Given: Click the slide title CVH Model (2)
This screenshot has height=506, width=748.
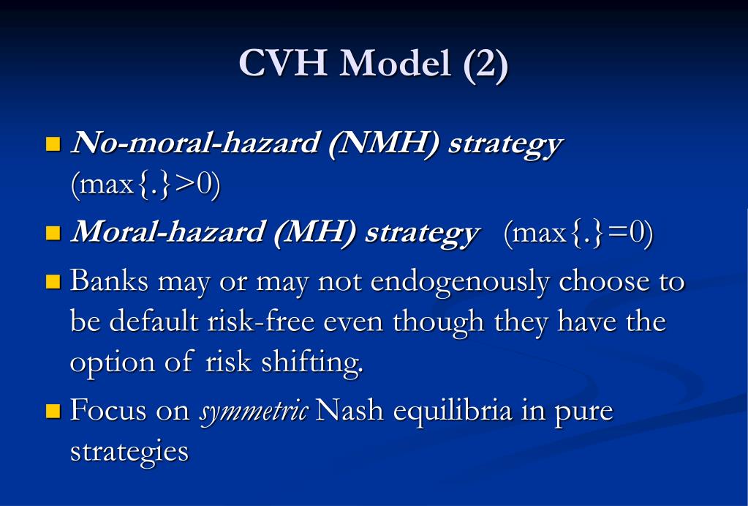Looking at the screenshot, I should coord(373,64).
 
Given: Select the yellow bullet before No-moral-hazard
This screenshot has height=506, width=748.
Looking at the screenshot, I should coord(53,143).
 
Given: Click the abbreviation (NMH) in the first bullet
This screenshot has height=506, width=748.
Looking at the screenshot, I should coord(384,144).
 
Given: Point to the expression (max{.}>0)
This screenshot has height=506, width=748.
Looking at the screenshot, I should coord(146,185).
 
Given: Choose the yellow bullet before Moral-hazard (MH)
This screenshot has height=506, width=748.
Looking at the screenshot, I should coord(53,234).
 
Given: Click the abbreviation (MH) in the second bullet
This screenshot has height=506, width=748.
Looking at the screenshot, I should coord(317,234).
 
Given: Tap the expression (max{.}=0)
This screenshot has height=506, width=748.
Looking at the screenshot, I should coord(578,234).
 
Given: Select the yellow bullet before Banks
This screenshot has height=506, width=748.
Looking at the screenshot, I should coord(53,281).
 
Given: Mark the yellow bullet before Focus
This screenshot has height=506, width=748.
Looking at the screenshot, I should coord(53,411).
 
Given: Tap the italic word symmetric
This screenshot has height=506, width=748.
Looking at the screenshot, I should coord(254,412).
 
